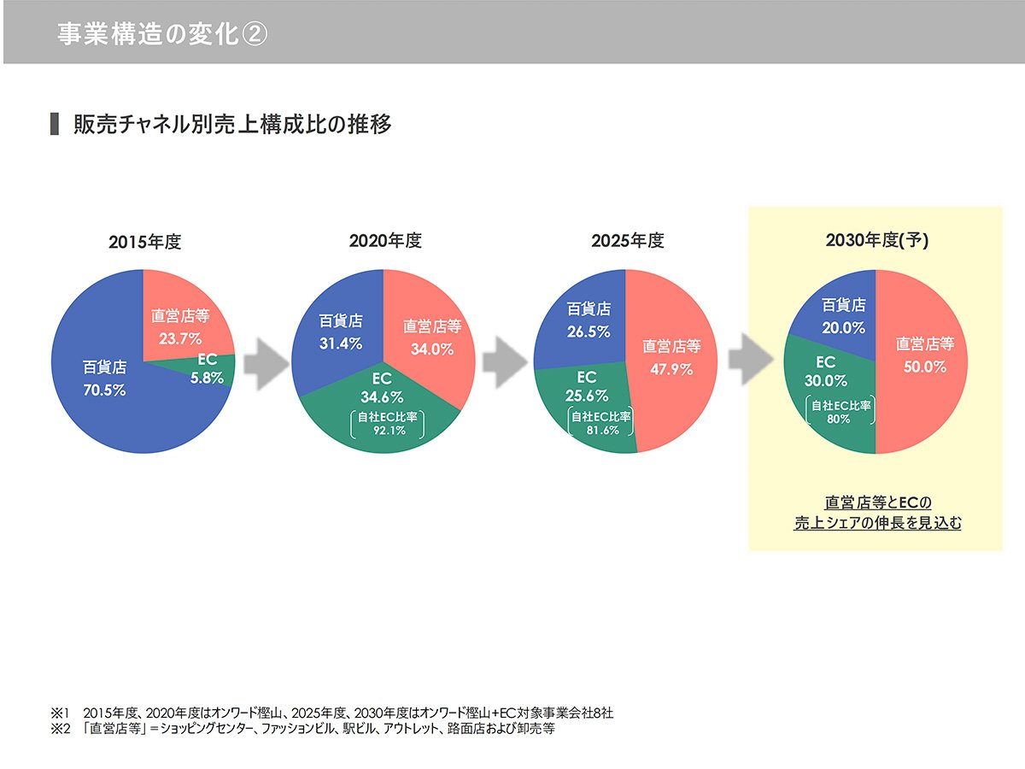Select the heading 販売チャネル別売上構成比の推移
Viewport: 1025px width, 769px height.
231,124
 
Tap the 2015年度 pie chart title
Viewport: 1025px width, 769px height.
145,242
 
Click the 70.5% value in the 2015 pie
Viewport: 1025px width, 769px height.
104,390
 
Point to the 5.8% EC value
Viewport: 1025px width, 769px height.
207,376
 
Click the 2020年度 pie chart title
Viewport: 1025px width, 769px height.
385,241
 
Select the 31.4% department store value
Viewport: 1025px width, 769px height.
341,343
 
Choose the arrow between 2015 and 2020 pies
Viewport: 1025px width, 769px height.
263,361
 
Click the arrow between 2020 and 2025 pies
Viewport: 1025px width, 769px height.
503,361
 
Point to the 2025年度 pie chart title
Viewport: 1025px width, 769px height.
627,241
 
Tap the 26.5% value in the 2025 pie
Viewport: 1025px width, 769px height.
589,331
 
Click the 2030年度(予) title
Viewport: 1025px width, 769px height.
876,241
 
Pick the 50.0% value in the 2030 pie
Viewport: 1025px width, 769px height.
924,366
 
